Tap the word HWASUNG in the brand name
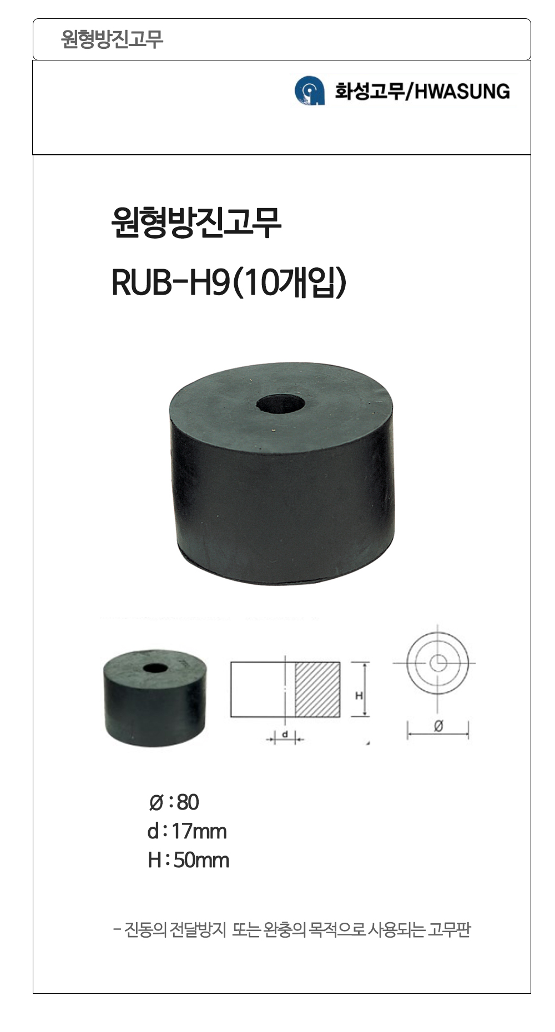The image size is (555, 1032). click(x=462, y=91)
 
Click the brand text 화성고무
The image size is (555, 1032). click(x=370, y=91)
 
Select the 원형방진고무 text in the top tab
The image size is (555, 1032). click(x=112, y=39)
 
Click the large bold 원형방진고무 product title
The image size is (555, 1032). click(x=196, y=223)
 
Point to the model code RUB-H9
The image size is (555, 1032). click(x=170, y=283)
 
